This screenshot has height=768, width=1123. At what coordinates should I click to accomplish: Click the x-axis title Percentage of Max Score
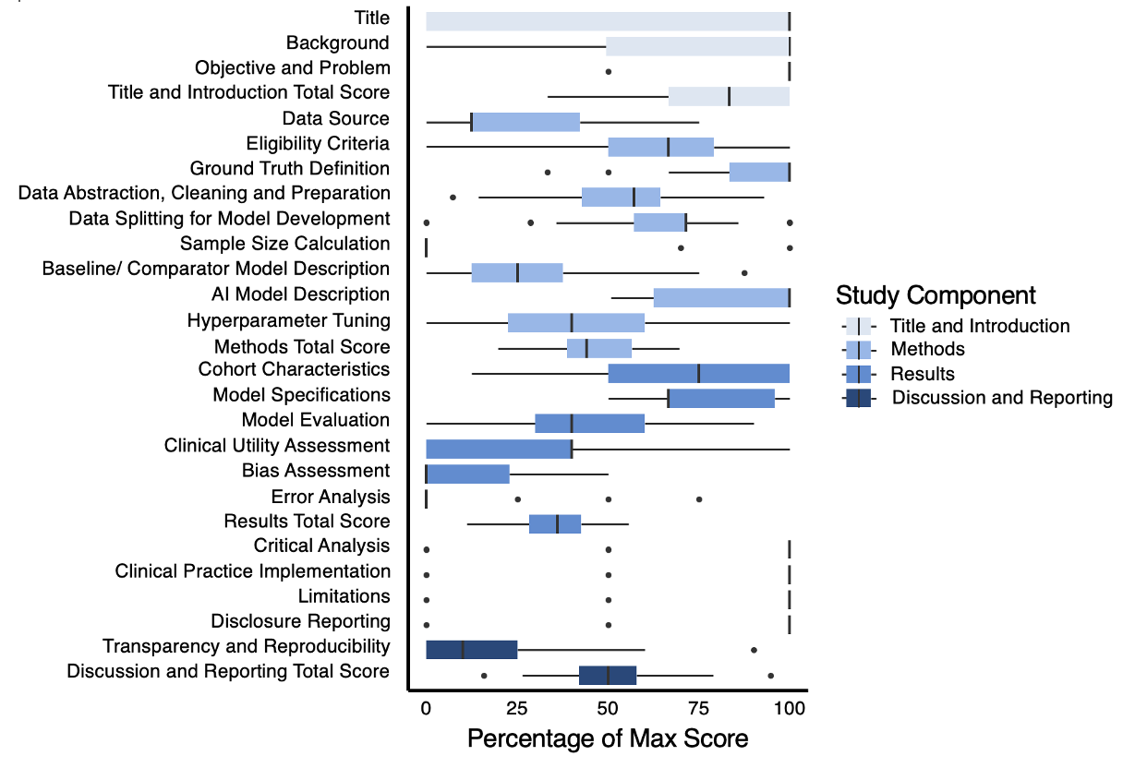click(x=607, y=738)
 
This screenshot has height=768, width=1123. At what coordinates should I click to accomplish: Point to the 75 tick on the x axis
click(x=698, y=708)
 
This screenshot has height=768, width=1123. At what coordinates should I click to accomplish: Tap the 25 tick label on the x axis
click(x=516, y=708)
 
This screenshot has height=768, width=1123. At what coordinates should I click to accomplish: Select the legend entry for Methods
click(x=927, y=349)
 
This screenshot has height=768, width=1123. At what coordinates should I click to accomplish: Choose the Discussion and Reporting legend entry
click(x=1001, y=398)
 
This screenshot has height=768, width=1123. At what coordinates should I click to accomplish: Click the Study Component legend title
click(x=935, y=295)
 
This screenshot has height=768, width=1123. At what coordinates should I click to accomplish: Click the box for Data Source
click(x=525, y=122)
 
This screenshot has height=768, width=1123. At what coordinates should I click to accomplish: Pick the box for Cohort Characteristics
click(x=698, y=373)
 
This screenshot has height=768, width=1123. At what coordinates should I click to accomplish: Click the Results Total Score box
click(x=555, y=523)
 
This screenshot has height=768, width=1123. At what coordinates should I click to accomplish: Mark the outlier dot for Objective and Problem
click(x=608, y=71)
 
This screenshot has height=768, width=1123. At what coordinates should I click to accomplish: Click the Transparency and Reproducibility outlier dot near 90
click(x=754, y=650)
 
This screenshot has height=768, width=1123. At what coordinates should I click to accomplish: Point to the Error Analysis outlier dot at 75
click(x=699, y=498)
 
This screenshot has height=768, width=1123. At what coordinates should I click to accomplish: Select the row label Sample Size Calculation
click(x=284, y=244)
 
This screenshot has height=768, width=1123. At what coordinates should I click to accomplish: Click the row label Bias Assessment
click(x=316, y=471)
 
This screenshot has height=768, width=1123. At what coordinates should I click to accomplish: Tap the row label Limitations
click(x=344, y=596)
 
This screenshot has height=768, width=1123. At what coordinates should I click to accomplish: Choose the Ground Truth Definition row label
click(x=290, y=168)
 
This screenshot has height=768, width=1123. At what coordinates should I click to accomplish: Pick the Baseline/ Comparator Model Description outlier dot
click(x=744, y=273)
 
